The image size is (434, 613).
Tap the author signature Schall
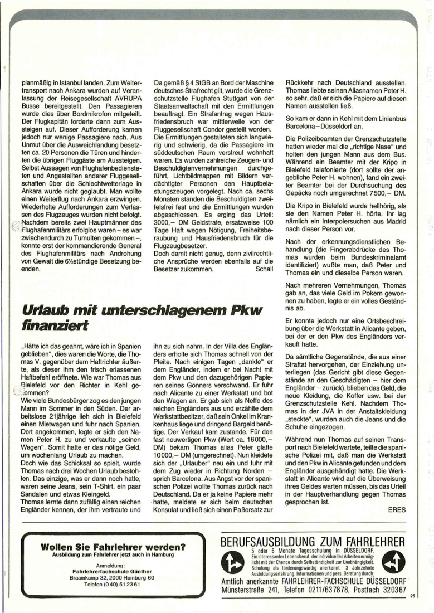coord(264,269)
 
